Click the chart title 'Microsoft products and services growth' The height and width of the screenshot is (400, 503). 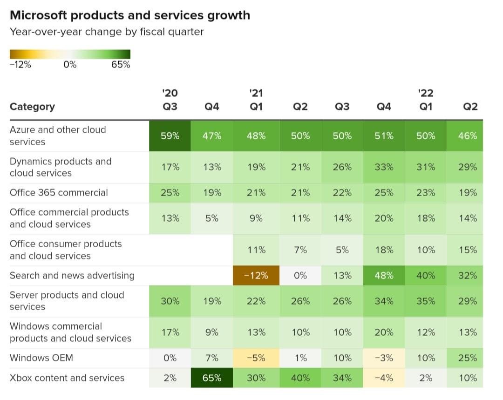pos(129,15)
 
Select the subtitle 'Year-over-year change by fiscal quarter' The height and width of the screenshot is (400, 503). pos(107,32)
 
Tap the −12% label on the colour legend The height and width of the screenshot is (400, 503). pos(20,65)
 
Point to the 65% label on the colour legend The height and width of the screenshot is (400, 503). pos(121,65)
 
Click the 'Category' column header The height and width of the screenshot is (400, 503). pos(32,107)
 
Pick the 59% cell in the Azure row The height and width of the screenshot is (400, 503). pos(170,136)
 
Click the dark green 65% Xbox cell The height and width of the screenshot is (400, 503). pos(212,378)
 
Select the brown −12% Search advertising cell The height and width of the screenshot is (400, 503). pos(256,275)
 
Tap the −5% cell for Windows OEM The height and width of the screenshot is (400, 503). pos(256,358)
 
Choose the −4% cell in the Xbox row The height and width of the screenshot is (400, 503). pos(384,378)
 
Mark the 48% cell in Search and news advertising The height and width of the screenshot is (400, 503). pos(384,275)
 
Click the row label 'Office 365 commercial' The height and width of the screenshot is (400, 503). pos(59,193)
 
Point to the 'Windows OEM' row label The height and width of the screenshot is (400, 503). pos(41,358)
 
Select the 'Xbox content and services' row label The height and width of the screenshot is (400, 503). pos(67,378)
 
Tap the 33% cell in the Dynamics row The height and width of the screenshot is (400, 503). pos(384,167)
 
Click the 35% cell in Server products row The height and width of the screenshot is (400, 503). pos(426,301)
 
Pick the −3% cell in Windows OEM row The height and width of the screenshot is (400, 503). pos(384,358)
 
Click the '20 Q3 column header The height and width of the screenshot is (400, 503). pos(170,100)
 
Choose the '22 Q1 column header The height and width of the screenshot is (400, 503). pos(426,100)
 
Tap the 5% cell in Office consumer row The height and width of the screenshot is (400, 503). pos(342,250)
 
